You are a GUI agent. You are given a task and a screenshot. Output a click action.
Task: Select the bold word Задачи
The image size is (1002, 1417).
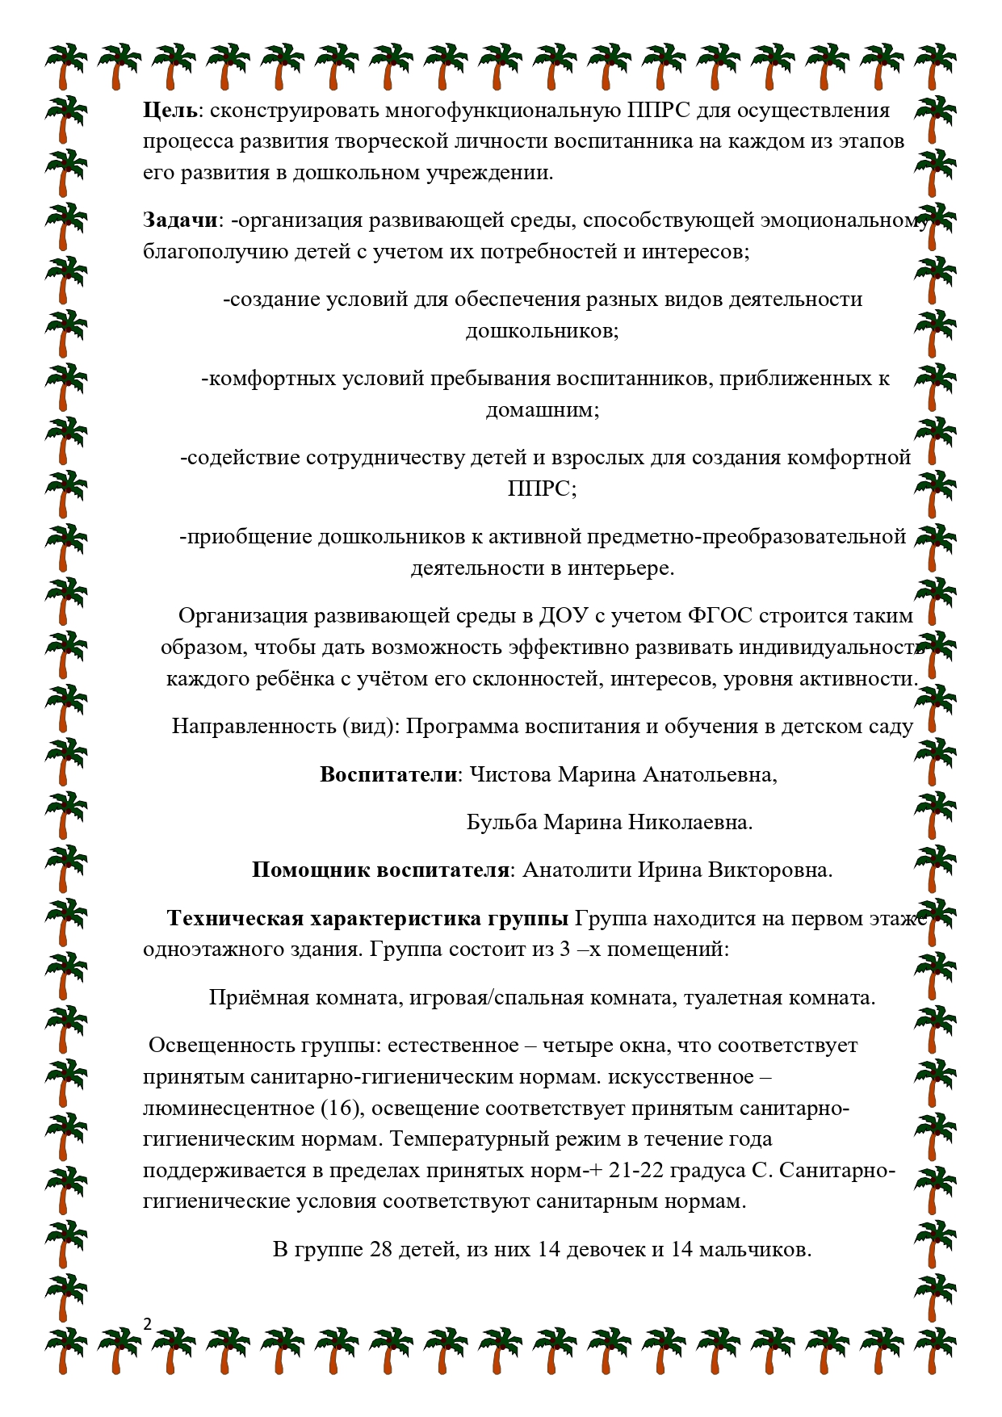point(180,220)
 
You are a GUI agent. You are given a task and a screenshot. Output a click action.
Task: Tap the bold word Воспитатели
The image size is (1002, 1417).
point(388,775)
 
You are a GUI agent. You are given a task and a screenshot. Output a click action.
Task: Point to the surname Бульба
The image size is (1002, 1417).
point(501,823)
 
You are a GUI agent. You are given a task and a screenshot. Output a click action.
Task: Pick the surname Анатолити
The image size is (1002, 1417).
point(576,870)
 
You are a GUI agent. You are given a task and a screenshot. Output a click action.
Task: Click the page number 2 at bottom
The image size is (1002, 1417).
point(147,1323)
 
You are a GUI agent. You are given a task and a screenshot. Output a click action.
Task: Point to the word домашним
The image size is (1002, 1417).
point(542,410)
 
